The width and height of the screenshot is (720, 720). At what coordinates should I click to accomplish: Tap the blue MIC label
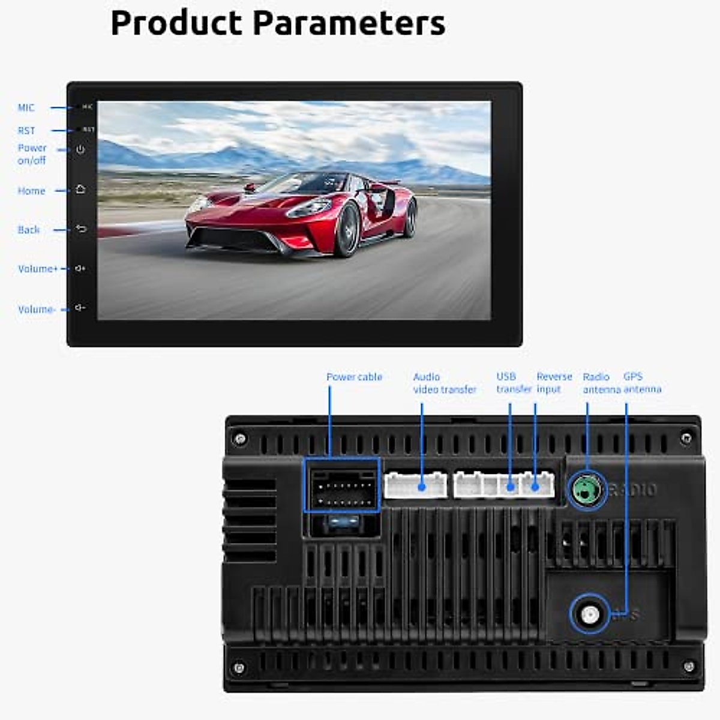point(26,108)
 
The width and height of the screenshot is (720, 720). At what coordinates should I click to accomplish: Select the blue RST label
point(26,131)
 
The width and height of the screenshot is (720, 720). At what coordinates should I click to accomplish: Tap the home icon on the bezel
point(80,190)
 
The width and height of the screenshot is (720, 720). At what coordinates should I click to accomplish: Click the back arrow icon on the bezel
point(81,229)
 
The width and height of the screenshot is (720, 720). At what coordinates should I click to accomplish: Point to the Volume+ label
point(38,269)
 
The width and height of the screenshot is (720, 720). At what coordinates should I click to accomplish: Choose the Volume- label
point(37,310)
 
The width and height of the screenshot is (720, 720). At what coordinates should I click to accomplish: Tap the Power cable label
point(354,377)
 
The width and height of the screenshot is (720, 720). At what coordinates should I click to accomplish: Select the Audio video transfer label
point(444,383)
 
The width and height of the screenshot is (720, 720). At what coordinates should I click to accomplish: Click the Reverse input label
point(554,383)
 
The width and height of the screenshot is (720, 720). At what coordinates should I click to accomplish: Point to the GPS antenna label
point(641,383)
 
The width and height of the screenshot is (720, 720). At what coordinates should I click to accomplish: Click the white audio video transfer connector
point(415,485)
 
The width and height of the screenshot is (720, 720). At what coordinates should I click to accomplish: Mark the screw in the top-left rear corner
point(241,439)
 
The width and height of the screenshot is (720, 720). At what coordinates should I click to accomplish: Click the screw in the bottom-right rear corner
point(689,666)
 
